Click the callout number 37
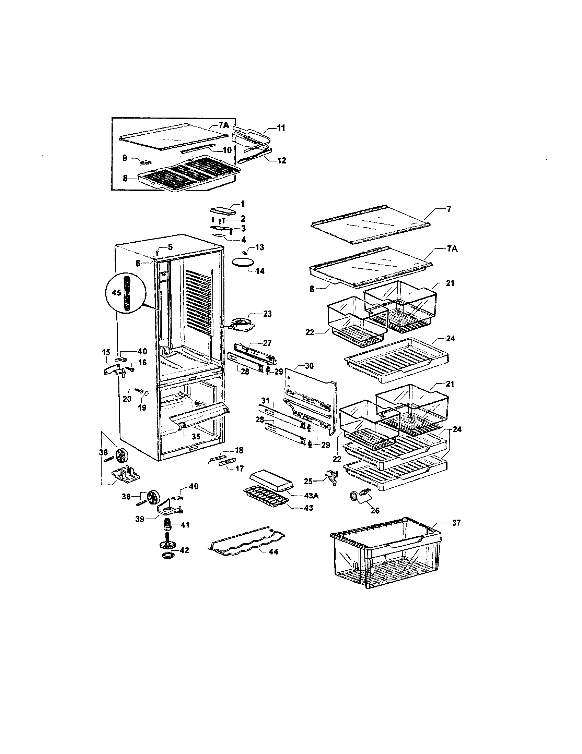click(456, 523)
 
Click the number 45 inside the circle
click(116, 292)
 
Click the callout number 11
click(281, 128)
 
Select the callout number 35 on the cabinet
click(196, 436)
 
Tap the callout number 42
click(185, 550)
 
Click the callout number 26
click(375, 510)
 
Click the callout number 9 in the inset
click(125, 158)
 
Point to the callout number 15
click(106, 352)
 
